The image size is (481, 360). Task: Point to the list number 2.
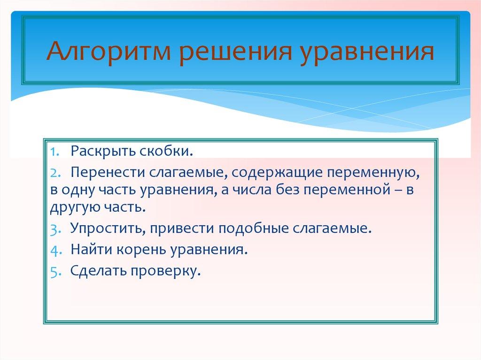[x=55, y=173]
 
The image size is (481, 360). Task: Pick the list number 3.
[x=55, y=229]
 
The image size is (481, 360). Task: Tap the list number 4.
[x=55, y=250]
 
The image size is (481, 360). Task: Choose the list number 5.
[x=55, y=271]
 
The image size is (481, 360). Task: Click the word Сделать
[x=97, y=271]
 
